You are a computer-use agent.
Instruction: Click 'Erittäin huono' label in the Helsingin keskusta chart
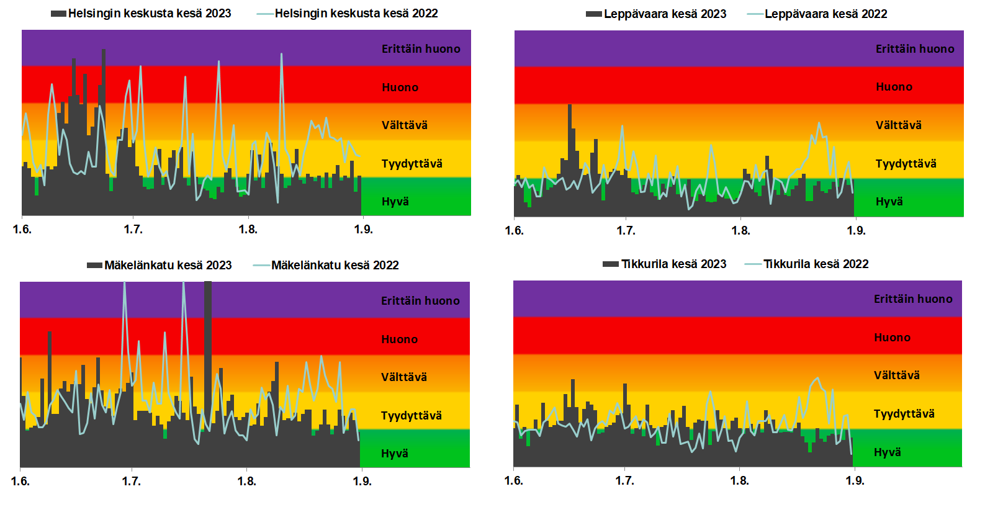421,49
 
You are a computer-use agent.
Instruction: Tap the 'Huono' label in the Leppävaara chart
894,87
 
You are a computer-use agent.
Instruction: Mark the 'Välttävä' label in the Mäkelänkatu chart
404,377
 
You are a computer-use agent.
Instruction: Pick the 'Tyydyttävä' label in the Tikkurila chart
904,414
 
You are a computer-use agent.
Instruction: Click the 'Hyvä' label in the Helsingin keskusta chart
395,202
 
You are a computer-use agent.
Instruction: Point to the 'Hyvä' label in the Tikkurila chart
888,452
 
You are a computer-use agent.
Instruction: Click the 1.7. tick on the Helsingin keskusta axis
133,230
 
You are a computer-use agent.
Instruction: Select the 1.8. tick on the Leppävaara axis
740,231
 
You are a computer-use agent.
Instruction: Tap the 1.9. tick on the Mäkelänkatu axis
362,482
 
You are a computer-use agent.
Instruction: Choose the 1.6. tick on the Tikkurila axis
513,481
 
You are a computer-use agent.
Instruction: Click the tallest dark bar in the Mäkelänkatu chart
208,372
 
